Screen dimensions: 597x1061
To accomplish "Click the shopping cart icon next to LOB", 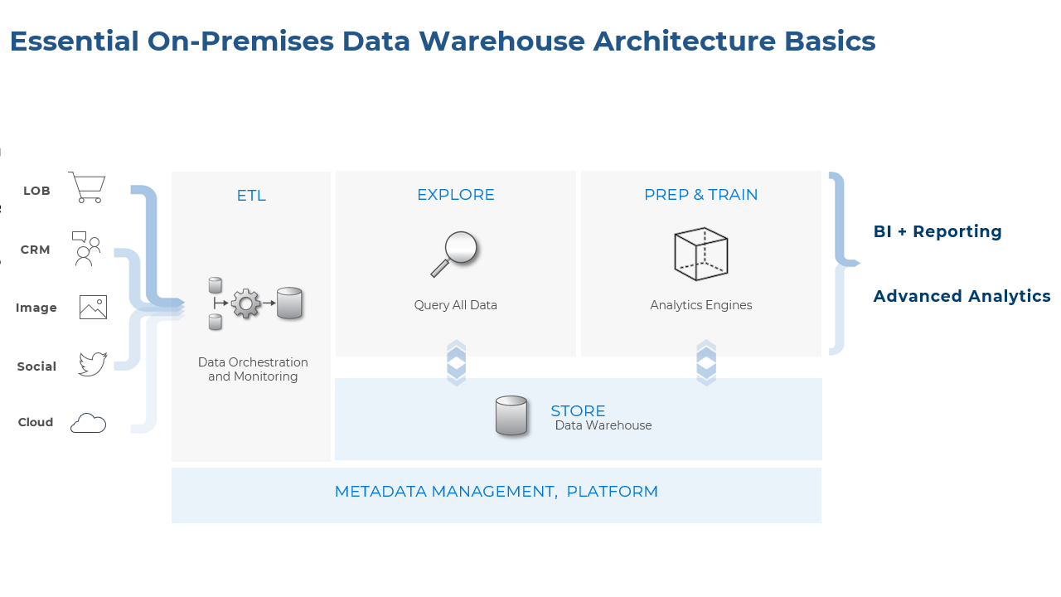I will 87,188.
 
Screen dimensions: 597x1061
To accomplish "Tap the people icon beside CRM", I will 86,249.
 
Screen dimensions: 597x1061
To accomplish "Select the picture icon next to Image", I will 93,308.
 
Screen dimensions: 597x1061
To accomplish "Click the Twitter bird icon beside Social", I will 92,364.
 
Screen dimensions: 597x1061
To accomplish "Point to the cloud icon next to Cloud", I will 88,423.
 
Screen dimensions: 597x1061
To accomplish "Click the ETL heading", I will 251,196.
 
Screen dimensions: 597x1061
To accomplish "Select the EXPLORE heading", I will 455,195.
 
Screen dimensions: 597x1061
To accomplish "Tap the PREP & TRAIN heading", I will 700,195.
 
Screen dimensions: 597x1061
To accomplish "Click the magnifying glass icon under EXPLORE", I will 455,253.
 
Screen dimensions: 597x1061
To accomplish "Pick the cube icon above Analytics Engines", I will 700,254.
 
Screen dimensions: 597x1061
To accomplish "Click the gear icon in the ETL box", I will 245,303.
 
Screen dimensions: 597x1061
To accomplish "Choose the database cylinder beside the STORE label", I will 511,415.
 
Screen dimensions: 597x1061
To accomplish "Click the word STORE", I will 578,410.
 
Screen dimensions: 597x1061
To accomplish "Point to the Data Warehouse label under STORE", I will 603,426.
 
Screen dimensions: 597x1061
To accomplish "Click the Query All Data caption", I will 455,305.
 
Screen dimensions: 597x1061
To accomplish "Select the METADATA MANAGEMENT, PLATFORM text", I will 496,492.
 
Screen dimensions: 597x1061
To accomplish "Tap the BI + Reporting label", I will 937,231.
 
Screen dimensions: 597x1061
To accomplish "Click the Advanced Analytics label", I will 962,296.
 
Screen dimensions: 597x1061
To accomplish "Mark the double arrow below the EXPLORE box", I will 456,363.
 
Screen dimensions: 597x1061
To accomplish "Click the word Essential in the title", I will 74,41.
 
